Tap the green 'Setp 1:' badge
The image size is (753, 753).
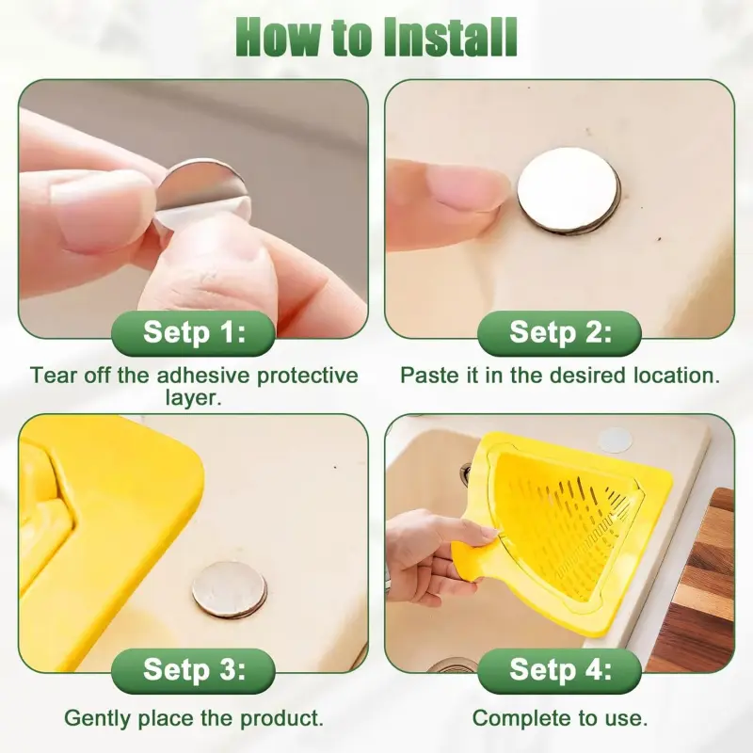[x=194, y=333]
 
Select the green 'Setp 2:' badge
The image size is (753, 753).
[x=559, y=333]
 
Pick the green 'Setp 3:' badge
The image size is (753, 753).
[x=194, y=670]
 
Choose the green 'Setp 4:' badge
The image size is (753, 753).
[x=559, y=670]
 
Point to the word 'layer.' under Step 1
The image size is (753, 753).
[x=194, y=397]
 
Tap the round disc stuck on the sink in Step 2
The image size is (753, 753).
[x=569, y=190]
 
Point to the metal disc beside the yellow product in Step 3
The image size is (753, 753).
[x=230, y=590]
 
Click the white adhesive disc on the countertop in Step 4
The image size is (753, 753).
[x=615, y=440]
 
